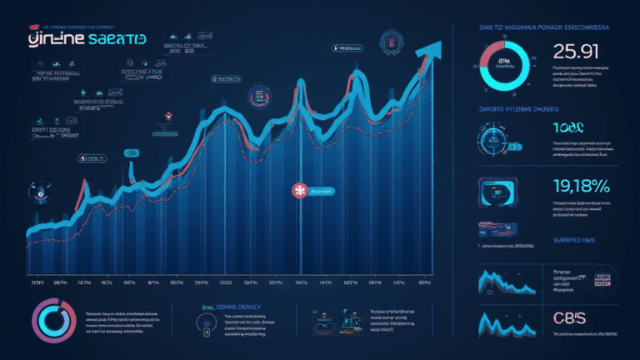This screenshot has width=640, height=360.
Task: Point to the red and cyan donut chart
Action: coord(504,64)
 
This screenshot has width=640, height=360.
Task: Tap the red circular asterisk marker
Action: coord(299,191)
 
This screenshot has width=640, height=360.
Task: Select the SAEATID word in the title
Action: coord(115,41)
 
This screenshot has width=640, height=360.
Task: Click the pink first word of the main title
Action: coord(53,41)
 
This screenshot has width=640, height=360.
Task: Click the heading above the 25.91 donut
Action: coord(545,27)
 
